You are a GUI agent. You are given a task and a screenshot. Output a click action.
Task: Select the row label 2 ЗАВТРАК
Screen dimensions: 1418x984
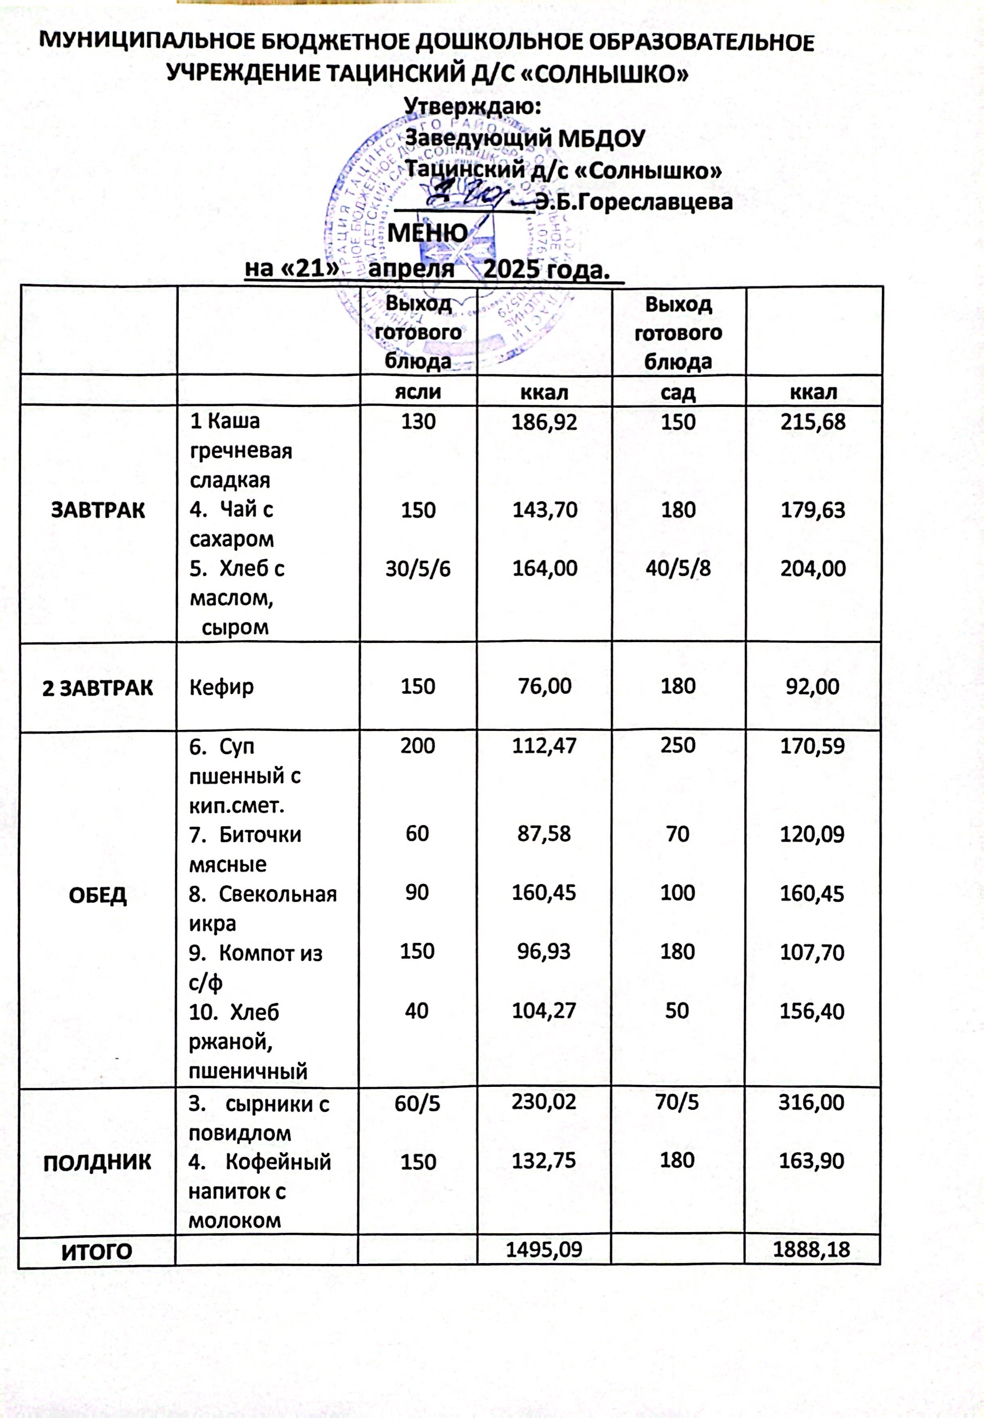pyautogui.click(x=98, y=687)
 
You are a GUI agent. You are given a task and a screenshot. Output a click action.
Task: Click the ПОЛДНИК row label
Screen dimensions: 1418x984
pyautogui.click(x=98, y=1162)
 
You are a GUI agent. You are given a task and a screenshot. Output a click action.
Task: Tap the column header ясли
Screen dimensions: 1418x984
pyautogui.click(x=418, y=392)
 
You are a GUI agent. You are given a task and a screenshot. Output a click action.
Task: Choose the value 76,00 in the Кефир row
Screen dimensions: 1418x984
pyautogui.click(x=544, y=687)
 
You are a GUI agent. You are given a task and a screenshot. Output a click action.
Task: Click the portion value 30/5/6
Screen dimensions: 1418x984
pyautogui.click(x=418, y=568)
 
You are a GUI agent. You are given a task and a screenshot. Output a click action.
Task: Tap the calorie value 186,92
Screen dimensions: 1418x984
pyautogui.click(x=544, y=422)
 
